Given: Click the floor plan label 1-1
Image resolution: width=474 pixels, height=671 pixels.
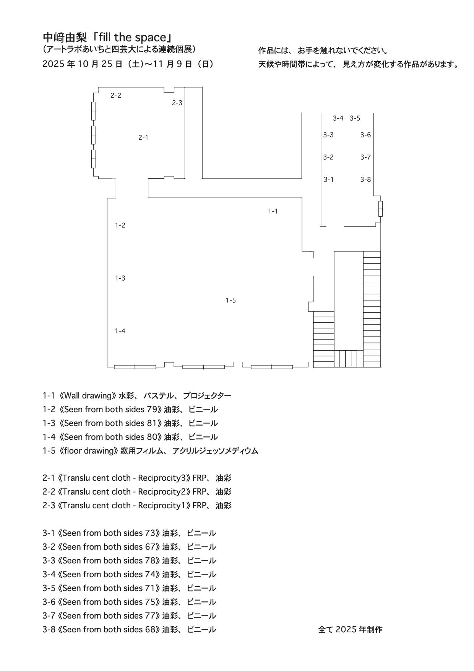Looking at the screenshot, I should [x=273, y=211].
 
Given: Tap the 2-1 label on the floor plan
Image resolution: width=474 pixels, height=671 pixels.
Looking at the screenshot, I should [x=143, y=137].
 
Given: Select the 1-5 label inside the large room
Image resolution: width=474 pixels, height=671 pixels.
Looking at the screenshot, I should [x=231, y=300].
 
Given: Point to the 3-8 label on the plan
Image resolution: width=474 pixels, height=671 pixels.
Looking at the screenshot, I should [x=365, y=180].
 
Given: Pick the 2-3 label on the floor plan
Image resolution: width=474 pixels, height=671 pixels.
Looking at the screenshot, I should [x=177, y=103].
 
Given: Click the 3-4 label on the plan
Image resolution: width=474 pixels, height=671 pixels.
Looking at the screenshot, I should [x=338, y=118].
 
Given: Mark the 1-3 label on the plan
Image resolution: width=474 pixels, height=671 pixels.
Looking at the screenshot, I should [x=120, y=278].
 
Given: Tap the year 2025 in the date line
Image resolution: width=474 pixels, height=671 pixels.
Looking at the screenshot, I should [x=54, y=64].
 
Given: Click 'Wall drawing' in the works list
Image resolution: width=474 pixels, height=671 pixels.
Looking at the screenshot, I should [x=88, y=396].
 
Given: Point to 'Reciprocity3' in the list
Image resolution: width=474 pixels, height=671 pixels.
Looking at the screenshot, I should [x=162, y=478].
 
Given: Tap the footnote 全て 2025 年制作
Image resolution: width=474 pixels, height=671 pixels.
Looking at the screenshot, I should [x=350, y=630].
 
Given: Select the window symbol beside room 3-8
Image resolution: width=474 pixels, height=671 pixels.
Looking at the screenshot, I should [x=380, y=209].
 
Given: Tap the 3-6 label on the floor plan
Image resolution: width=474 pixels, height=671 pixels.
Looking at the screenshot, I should [x=365, y=135].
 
